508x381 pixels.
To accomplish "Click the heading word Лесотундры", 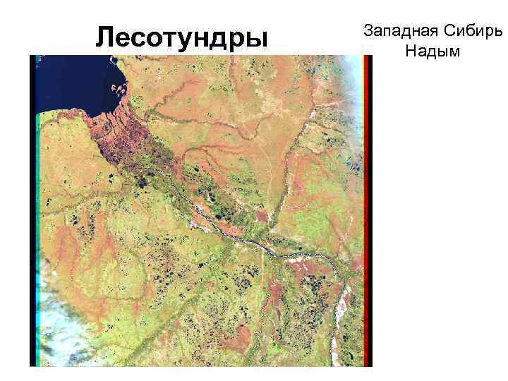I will pyautogui.click(x=182, y=37).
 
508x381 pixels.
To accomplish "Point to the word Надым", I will pyautogui.click(x=433, y=52).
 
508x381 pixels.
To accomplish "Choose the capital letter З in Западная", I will pyautogui.click(x=367, y=31).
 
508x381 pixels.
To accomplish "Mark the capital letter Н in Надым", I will pyautogui.click(x=411, y=52).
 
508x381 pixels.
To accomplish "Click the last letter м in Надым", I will pyautogui.click(x=453, y=53).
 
